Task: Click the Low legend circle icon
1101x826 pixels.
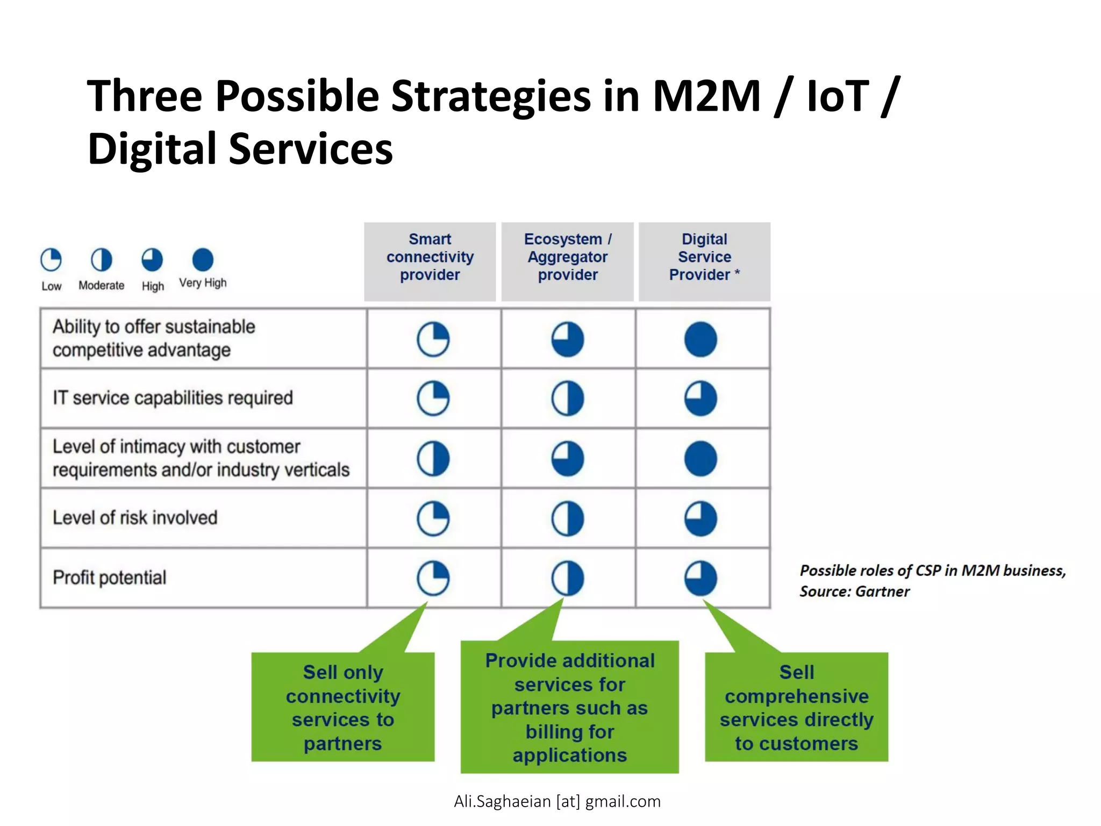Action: click(x=51, y=260)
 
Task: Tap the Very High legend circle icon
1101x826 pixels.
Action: click(x=203, y=260)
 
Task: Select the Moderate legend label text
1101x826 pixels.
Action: click(x=101, y=286)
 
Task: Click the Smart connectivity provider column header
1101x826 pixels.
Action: click(x=430, y=257)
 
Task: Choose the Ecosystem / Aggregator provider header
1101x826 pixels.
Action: click(x=567, y=257)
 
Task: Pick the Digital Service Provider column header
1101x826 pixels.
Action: click(x=704, y=257)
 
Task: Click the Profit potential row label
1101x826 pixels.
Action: click(x=110, y=578)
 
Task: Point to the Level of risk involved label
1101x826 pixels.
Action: click(x=135, y=518)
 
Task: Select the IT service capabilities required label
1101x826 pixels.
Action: click(x=173, y=398)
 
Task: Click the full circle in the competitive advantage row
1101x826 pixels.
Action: click(x=700, y=339)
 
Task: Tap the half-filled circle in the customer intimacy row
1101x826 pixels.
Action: click(x=433, y=459)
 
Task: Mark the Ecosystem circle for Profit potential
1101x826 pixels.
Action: click(x=567, y=578)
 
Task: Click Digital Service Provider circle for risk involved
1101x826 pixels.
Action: click(x=700, y=518)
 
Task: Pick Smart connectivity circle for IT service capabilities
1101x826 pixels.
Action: click(x=433, y=398)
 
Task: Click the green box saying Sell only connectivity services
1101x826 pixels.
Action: click(x=343, y=707)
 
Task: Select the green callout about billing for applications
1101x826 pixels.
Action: click(x=569, y=707)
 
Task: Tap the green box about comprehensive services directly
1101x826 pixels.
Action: click(x=796, y=707)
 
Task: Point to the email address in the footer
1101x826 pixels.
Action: click(x=557, y=801)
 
